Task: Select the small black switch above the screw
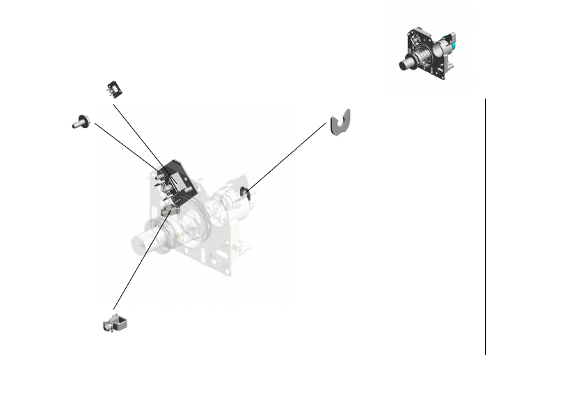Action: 113,88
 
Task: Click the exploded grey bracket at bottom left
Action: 116,323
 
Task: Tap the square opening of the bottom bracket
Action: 120,321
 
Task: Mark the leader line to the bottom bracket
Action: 139,260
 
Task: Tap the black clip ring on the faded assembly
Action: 244,193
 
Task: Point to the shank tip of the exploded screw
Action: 74,124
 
